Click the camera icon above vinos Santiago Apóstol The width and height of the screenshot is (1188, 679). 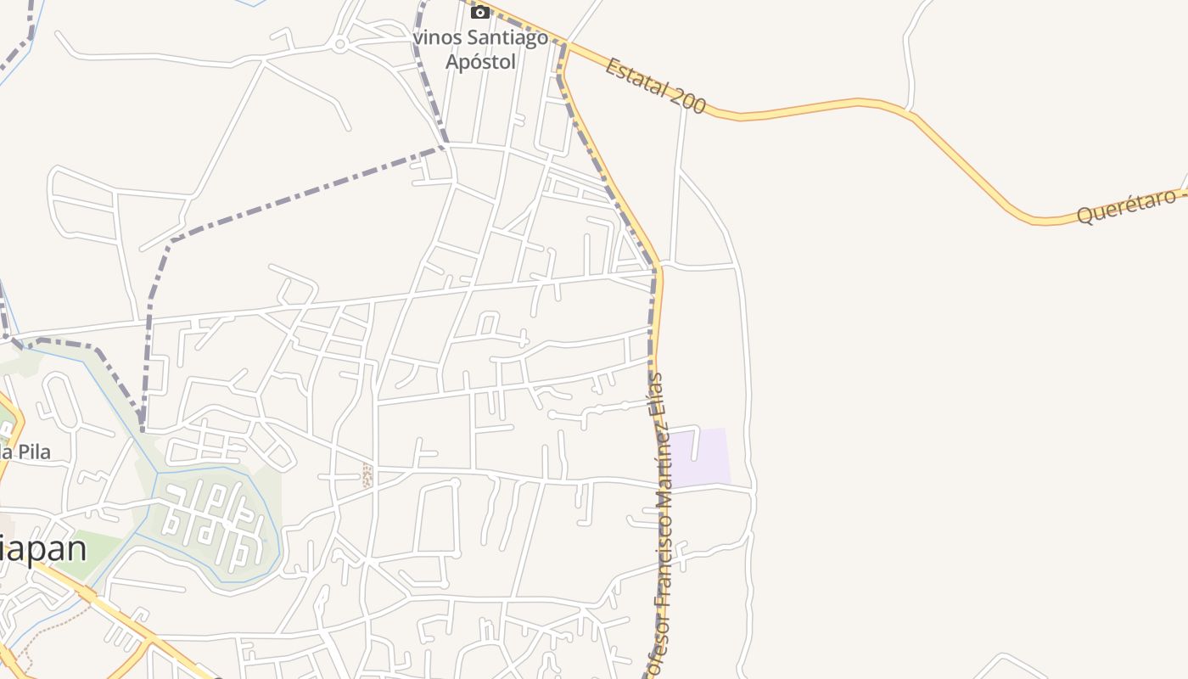tap(480, 12)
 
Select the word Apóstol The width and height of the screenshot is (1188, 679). tap(480, 61)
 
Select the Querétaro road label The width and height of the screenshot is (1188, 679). tap(1127, 206)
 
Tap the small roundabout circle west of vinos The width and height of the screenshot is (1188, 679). tap(339, 45)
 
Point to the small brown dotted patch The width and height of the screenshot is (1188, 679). tap(367, 475)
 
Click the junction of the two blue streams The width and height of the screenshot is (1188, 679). tap(159, 471)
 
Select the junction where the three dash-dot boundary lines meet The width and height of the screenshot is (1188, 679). tap(443, 148)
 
